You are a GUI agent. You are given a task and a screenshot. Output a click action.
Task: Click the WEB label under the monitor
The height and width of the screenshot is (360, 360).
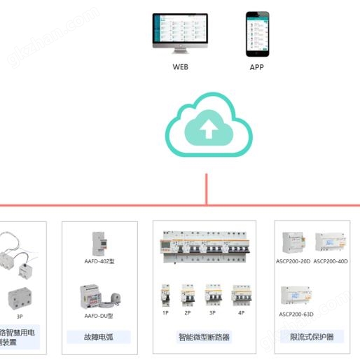[180, 67]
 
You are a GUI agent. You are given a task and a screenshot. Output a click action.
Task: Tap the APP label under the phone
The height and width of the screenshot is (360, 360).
[257, 67]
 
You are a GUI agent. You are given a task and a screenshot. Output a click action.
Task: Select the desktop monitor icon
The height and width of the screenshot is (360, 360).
[180, 33]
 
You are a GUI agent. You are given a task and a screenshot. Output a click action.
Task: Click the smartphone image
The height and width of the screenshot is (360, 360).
[257, 34]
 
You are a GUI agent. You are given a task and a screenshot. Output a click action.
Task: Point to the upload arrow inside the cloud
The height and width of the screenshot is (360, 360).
[208, 129]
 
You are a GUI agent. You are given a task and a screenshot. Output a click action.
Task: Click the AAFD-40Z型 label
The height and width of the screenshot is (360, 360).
[99, 261]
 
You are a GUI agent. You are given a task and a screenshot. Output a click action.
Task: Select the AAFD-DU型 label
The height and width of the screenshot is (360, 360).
[99, 316]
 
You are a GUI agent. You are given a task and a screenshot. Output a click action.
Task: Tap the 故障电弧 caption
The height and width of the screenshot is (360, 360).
[99, 338]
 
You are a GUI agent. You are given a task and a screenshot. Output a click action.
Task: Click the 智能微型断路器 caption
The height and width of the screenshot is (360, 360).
[205, 338]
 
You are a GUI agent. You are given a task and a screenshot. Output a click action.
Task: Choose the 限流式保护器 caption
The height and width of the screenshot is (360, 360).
[312, 338]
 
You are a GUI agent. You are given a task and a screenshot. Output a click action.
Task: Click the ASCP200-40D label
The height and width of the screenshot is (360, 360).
[331, 261]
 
